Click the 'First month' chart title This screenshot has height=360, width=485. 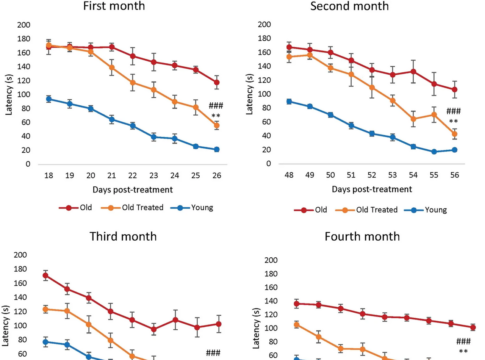point(114,6)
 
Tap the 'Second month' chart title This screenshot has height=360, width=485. point(349,6)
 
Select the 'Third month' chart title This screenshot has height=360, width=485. point(123,236)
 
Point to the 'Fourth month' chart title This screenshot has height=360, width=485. point(362,236)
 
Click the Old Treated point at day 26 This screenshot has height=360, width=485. point(217,126)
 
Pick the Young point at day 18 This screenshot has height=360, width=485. point(49,99)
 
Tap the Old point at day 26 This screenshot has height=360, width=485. point(217,82)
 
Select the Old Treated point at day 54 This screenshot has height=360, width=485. point(413,119)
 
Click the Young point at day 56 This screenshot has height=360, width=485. point(455,150)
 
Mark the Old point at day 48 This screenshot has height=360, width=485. point(289,47)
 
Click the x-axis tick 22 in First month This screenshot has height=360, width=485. point(133,176)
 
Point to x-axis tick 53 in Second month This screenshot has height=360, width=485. point(392,175)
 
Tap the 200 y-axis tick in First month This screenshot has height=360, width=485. point(24,25)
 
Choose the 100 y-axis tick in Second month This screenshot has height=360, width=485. point(264,94)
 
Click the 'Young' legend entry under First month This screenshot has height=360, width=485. point(192,208)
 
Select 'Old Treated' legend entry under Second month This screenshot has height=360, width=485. point(367,210)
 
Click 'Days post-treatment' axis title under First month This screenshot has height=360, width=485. point(133,190)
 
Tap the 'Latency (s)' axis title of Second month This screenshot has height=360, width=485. point(249,94)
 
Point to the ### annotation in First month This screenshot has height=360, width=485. point(216,106)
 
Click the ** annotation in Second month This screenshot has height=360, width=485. point(453,121)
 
